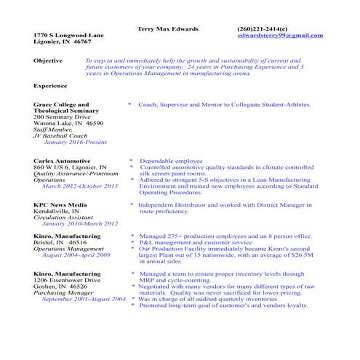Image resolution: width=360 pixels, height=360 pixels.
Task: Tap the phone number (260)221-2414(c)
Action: tap(263, 28)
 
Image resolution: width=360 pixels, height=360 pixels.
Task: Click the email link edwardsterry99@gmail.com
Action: tap(280, 35)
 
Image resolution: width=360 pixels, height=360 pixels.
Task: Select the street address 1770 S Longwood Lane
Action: tap(69, 35)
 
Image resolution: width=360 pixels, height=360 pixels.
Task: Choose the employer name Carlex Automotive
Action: tap(62, 160)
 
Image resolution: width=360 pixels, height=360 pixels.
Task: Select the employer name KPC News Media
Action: tap(60, 205)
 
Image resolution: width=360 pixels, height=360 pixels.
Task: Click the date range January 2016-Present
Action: tap(75, 142)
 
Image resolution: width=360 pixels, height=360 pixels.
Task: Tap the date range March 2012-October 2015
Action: tap(80, 186)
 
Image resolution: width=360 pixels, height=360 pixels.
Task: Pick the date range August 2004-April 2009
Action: tap(76, 255)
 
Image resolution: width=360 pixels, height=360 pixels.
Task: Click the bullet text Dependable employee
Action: tap(171, 160)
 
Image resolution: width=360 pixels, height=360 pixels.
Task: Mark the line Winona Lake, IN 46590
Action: tap(68, 123)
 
